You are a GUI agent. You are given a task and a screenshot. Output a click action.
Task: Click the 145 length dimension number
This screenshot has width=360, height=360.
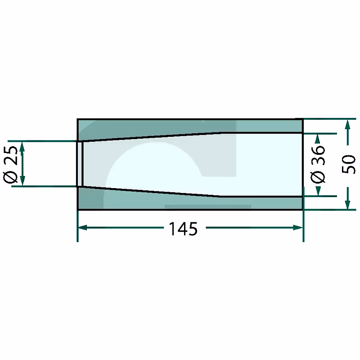point(183,229)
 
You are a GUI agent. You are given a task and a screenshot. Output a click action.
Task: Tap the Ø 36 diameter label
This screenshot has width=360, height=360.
point(318,164)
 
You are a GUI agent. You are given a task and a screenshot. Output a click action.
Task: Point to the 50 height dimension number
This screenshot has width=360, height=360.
point(349,164)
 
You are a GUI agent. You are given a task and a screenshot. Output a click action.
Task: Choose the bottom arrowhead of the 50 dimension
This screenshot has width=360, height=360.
point(347,205)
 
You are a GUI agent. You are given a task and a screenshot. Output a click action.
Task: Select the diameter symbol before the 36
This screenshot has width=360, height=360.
point(318,178)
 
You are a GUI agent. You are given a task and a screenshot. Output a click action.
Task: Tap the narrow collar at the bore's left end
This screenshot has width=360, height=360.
point(80,164)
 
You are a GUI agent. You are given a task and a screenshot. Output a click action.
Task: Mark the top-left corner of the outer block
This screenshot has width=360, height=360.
point(78,119)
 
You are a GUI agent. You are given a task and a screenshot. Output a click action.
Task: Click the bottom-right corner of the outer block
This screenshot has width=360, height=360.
point(302,210)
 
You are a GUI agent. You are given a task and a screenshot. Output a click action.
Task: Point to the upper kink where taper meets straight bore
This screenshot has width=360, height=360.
point(220,133)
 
